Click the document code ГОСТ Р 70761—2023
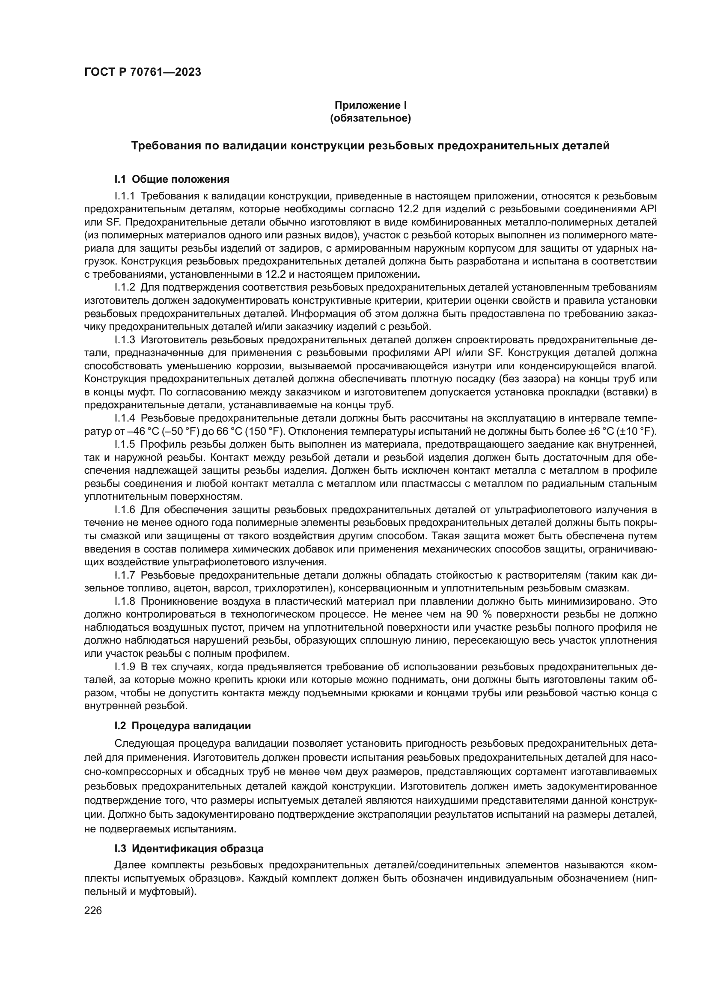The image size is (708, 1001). point(143,72)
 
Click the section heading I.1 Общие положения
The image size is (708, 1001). point(172,179)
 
